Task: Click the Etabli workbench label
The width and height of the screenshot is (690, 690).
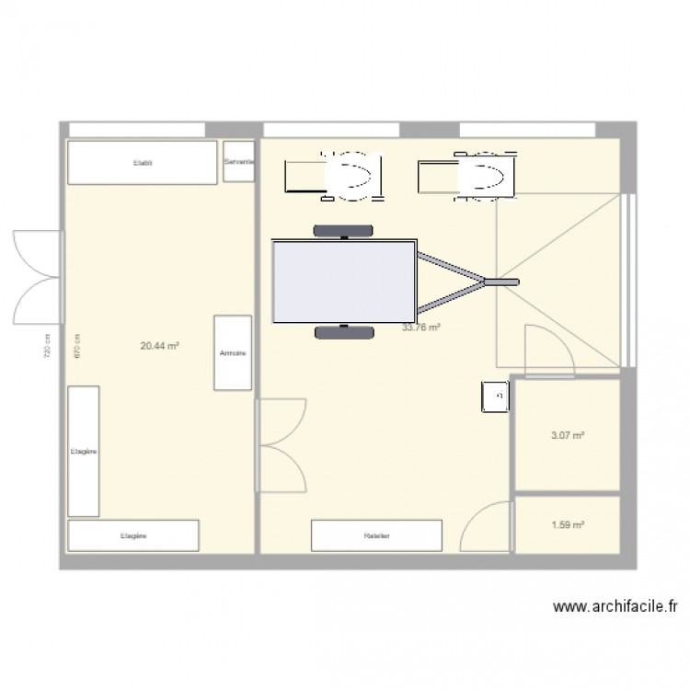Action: point(142,163)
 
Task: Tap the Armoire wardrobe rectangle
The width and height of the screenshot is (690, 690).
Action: point(233,352)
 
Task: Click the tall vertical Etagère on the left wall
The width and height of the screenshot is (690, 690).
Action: point(83,451)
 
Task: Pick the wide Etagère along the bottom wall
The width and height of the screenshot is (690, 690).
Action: point(133,535)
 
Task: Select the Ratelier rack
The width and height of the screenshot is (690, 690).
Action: point(376,535)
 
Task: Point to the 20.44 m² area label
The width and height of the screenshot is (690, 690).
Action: point(159,346)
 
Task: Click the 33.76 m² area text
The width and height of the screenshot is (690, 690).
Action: point(421,327)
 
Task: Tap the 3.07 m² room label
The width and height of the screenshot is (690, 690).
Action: point(568,436)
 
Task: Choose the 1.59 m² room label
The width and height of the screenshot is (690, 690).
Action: point(568,525)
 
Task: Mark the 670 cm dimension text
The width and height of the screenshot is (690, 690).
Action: point(78,345)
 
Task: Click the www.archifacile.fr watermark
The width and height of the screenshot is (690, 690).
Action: point(616,606)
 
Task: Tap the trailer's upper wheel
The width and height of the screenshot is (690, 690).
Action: point(344,230)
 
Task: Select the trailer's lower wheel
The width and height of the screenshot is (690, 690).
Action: point(344,332)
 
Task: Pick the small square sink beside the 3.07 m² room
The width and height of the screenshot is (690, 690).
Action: point(495,397)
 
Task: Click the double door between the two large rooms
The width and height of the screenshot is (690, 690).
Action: point(282,444)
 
